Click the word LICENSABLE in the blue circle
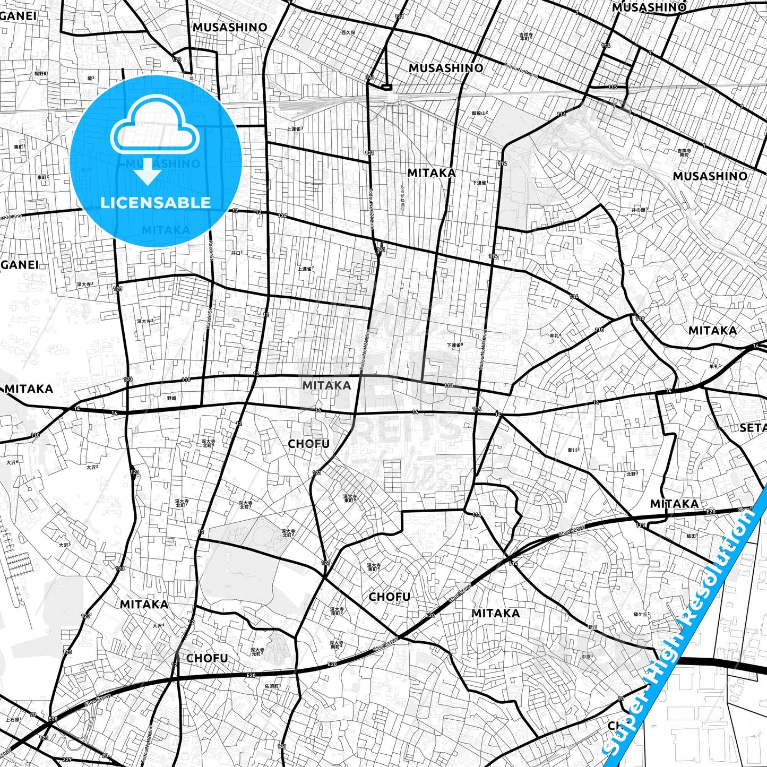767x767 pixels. click(156, 202)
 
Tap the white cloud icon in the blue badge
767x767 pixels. click(155, 127)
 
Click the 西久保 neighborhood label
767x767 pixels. click(348, 32)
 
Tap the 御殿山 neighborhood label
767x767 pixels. click(479, 113)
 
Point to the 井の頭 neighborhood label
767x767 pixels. click(639, 210)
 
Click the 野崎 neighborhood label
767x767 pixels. click(171, 398)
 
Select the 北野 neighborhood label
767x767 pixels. click(632, 473)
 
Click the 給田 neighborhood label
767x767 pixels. click(692, 536)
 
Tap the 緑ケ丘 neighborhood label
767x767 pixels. click(642, 614)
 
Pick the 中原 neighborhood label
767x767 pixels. click(585, 657)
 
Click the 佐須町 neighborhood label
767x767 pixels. click(272, 686)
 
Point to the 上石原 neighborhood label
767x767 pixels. click(13, 720)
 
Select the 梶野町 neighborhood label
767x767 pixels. click(41, 73)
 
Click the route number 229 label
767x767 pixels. click(67, 759)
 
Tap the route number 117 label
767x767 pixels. click(641, 525)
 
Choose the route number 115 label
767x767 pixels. click(613, 87)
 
